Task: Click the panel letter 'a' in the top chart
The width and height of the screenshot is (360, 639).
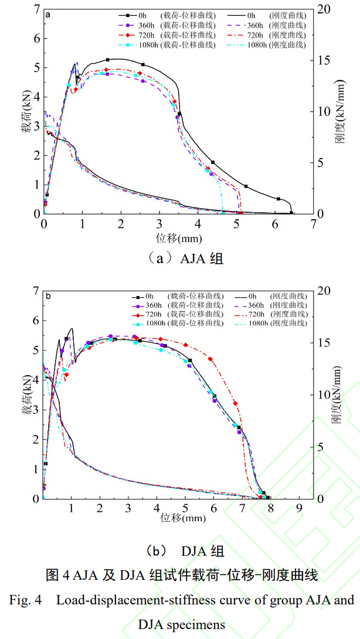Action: pos(47,13)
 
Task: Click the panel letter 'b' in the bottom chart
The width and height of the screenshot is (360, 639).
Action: pos(47,296)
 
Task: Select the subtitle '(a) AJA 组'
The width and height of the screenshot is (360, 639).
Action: pos(179,258)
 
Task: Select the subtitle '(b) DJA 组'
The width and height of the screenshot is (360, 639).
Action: pos(179,551)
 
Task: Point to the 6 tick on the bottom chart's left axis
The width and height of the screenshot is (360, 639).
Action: pos(35,321)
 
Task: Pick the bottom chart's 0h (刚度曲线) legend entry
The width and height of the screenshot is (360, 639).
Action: pos(279,296)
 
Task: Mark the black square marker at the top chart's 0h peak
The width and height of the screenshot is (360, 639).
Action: pos(108,60)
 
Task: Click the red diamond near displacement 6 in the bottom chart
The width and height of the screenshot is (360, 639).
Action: pos(210,359)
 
